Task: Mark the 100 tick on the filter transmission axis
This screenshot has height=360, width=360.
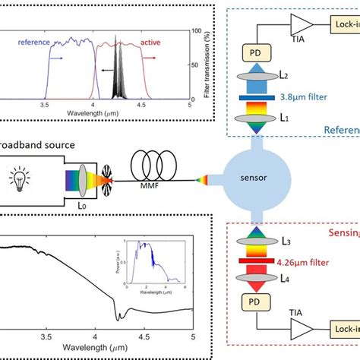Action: click(199, 32)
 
